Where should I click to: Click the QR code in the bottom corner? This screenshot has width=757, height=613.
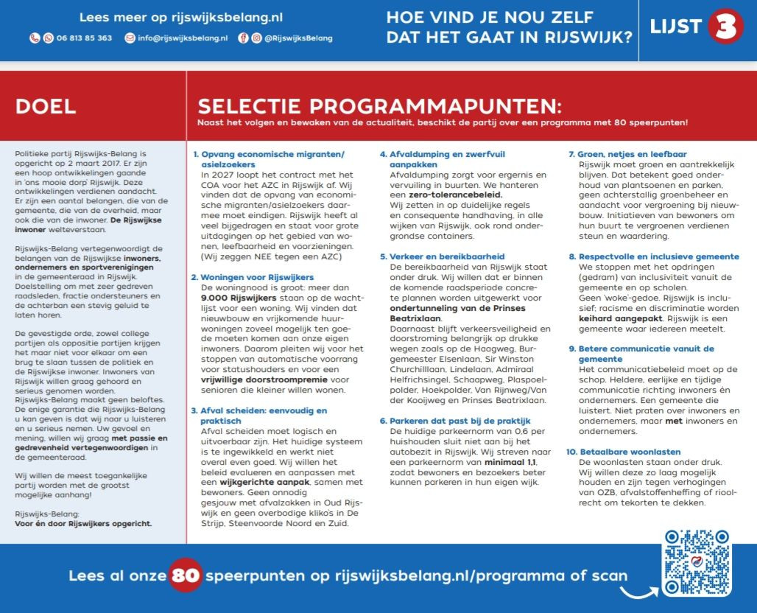(697, 563)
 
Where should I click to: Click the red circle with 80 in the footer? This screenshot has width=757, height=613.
(186, 575)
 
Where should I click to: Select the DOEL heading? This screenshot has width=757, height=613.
(46, 106)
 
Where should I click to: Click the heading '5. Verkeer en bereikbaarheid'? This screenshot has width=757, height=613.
(443, 256)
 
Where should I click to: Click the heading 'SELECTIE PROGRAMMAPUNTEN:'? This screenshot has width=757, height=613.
(379, 106)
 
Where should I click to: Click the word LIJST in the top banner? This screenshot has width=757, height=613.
(675, 28)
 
